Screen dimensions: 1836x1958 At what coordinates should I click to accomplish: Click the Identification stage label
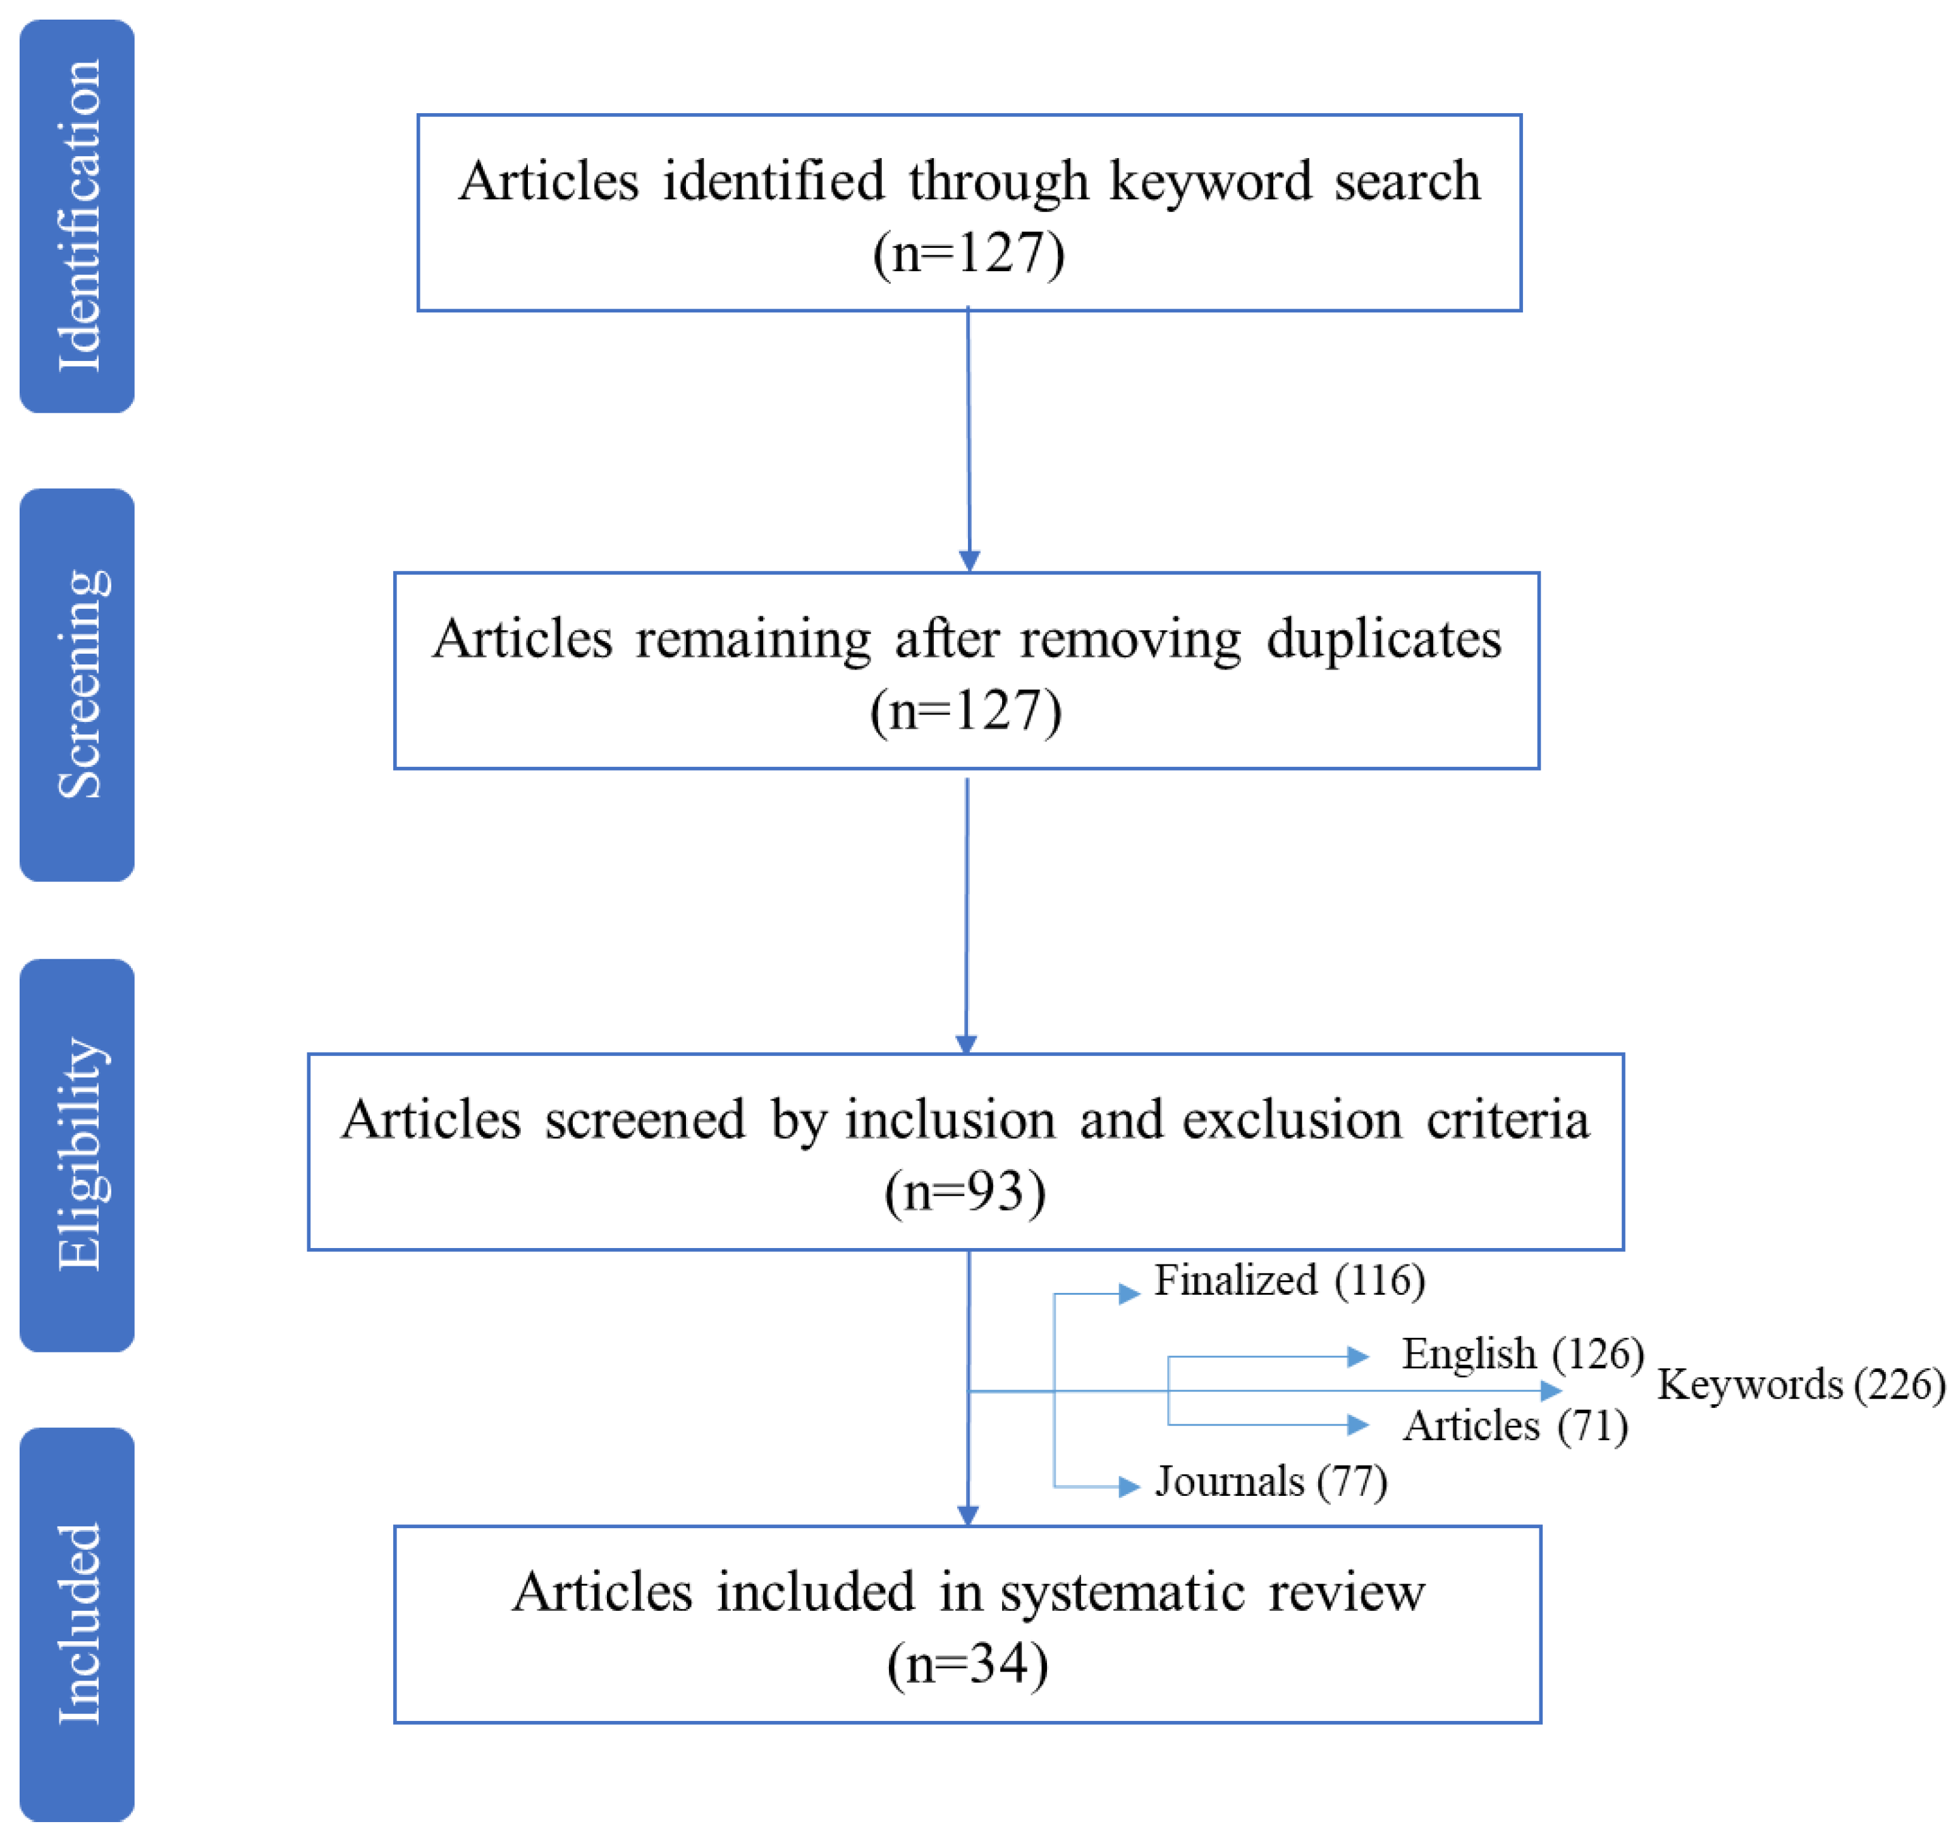click(x=77, y=216)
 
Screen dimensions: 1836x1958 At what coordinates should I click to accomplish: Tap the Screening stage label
click(x=77, y=685)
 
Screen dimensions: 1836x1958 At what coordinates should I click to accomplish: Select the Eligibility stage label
click(x=77, y=1154)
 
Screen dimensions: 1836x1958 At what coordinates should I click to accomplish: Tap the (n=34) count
click(x=967, y=1663)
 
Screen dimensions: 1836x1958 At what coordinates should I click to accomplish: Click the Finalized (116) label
click(x=1288, y=1280)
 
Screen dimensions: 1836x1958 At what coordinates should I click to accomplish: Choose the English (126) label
click(x=1522, y=1354)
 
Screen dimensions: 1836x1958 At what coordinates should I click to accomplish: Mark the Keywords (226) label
click(x=1801, y=1385)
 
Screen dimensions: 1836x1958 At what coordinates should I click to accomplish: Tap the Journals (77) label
click(x=1271, y=1481)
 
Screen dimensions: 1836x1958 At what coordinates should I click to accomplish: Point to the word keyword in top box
click(x=1211, y=181)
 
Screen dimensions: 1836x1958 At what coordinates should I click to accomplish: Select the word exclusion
click(x=1291, y=1120)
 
